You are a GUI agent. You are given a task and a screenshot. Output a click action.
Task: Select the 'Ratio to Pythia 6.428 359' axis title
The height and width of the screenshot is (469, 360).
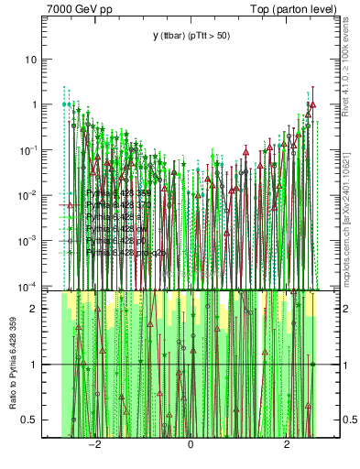pos(13,365)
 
